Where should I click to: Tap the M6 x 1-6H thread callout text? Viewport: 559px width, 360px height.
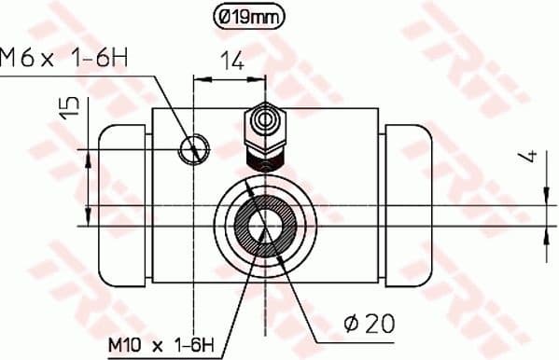pyautogui.click(x=63, y=58)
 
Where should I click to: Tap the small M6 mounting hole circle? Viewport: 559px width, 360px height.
pyautogui.click(x=195, y=146)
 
